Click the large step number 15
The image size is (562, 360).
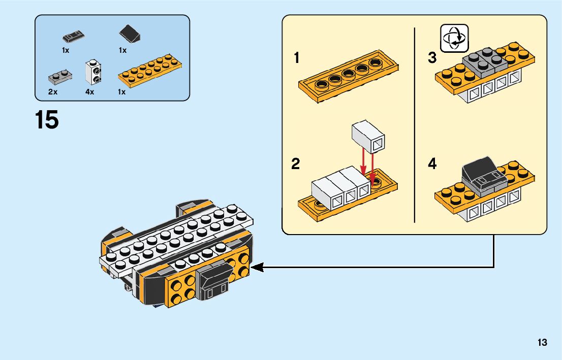click(x=47, y=121)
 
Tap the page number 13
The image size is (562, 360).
click(x=542, y=342)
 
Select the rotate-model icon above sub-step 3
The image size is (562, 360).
click(x=454, y=38)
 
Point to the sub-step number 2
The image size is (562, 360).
click(x=296, y=165)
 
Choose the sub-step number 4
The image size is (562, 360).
click(x=432, y=165)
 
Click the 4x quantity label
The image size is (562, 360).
click(x=90, y=92)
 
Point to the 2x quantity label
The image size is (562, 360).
click(x=52, y=92)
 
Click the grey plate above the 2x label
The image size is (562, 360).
click(x=59, y=77)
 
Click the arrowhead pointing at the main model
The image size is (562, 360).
click(x=257, y=267)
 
